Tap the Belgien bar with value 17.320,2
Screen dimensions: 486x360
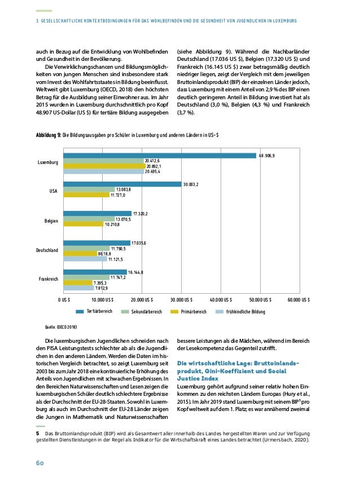point(96,214)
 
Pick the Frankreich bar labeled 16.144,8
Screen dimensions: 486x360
point(95,272)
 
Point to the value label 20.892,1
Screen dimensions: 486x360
point(153,166)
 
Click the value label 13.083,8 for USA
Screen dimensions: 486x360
point(124,189)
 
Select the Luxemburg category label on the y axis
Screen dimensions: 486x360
point(48,162)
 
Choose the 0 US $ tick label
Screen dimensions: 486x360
point(64,299)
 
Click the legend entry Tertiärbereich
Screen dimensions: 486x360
point(99,311)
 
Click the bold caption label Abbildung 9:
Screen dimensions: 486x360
point(48,135)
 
